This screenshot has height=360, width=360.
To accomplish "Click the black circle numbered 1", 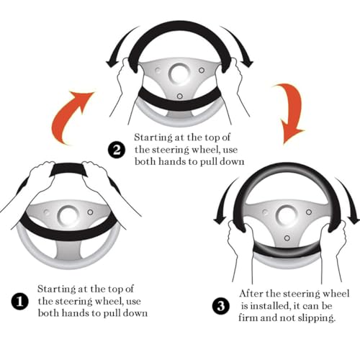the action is (19, 301).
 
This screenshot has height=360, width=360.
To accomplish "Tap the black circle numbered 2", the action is (117, 150).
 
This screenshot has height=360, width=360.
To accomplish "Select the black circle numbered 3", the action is (221, 306).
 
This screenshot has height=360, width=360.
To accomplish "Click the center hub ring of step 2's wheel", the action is (179, 73).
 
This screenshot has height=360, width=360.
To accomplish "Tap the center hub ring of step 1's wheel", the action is (68, 215).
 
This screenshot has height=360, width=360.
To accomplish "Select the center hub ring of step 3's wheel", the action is (287, 215).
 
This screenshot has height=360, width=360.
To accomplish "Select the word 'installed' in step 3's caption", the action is (269, 306).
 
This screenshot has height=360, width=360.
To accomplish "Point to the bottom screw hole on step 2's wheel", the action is (179, 96).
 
